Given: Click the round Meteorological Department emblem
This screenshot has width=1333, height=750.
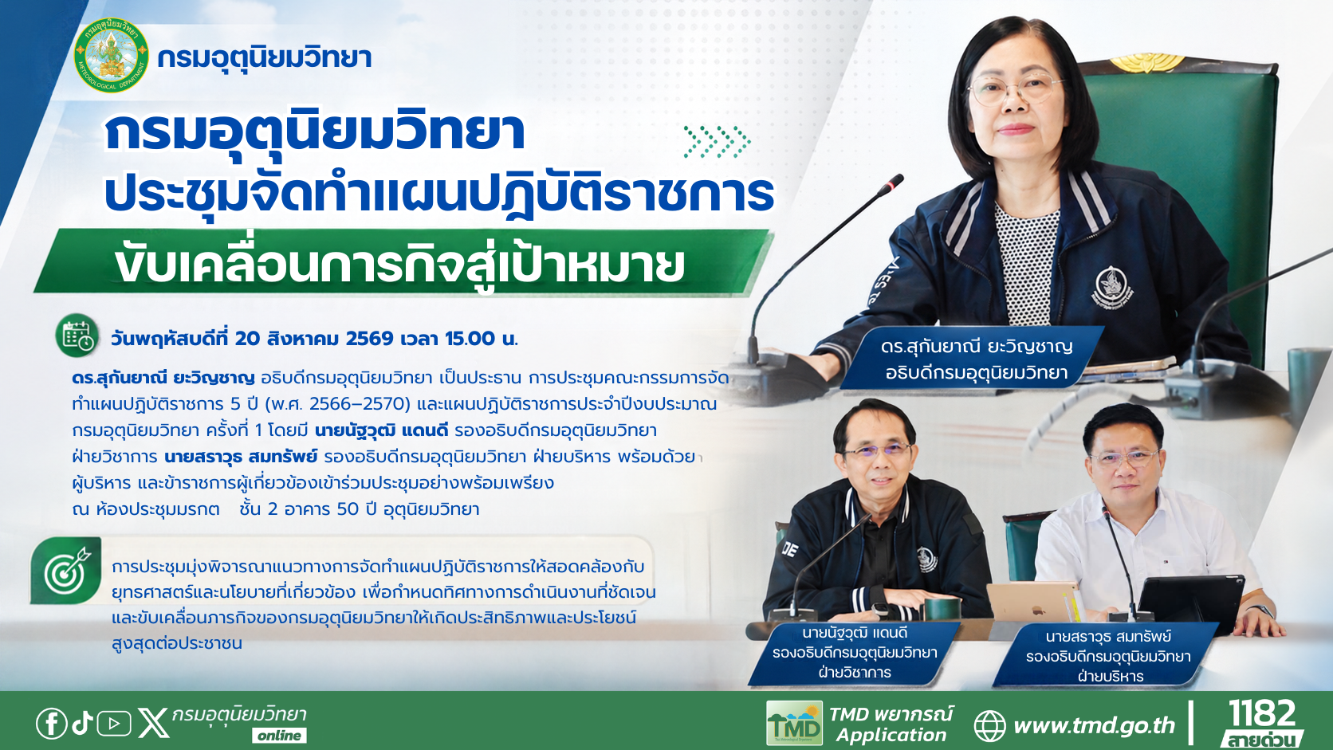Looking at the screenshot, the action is (x=112, y=55).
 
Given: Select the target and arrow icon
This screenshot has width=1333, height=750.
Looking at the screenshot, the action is (x=66, y=571).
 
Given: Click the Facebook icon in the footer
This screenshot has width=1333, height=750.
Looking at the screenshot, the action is (x=52, y=724).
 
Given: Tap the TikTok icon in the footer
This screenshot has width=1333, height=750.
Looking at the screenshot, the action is (x=83, y=723).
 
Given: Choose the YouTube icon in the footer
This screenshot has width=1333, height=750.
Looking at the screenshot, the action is (x=114, y=724).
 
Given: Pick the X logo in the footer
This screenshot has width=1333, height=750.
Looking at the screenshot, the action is (x=153, y=723).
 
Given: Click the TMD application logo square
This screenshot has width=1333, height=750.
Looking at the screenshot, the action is (x=794, y=723).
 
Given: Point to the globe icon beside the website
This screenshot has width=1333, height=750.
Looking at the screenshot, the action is (x=989, y=726).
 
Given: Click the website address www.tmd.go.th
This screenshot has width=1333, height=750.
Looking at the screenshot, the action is (x=1095, y=725).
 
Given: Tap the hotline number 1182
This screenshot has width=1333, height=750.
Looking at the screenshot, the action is (x=1262, y=713).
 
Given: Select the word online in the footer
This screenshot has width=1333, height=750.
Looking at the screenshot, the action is (x=280, y=736).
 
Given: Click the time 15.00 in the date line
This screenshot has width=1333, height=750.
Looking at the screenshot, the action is (x=470, y=339).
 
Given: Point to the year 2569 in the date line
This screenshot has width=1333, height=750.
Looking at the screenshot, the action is (x=370, y=339).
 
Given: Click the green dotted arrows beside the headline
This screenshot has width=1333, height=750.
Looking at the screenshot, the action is (x=717, y=142).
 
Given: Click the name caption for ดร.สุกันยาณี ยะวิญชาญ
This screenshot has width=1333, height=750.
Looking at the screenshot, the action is (x=977, y=359).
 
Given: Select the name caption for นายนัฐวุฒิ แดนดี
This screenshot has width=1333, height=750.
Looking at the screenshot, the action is (x=855, y=653).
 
